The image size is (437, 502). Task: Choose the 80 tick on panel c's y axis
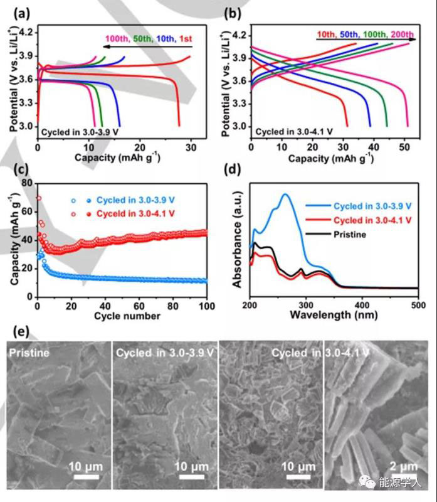click(27, 183)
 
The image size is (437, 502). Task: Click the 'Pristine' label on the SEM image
click(29, 353)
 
